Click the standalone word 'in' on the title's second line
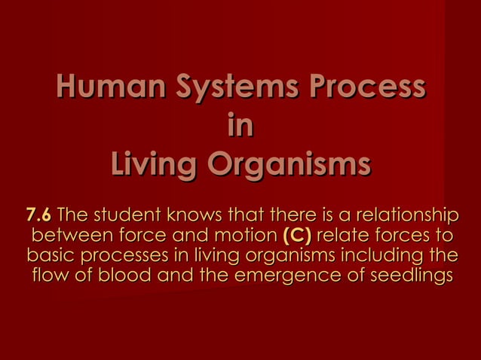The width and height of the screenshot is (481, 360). (x=240, y=126)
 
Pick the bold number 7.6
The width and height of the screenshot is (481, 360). (x=38, y=214)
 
